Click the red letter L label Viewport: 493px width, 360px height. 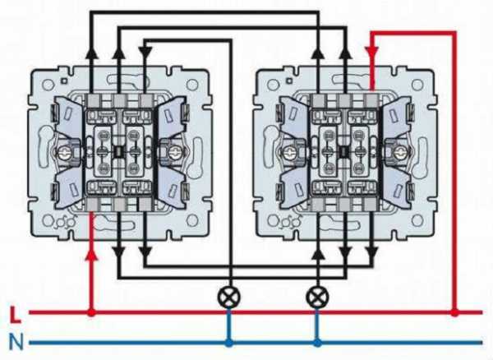15,315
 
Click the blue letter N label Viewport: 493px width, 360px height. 16,342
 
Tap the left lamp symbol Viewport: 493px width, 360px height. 229,298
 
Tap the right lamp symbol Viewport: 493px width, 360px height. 317,298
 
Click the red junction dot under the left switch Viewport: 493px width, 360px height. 91,312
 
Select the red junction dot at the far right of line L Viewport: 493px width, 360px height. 454,312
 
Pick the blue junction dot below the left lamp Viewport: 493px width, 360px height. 229,343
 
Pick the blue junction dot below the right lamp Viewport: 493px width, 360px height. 317,343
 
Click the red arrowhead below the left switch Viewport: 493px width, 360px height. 91,254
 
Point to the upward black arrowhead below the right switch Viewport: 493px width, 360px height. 318,254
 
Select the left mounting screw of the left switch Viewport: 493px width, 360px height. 64,153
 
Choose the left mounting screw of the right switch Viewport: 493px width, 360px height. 289,153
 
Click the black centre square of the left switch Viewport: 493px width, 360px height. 119,152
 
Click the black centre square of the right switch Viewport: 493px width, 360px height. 344,152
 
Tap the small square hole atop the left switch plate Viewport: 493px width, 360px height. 64,81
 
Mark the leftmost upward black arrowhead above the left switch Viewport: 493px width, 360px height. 91,53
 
